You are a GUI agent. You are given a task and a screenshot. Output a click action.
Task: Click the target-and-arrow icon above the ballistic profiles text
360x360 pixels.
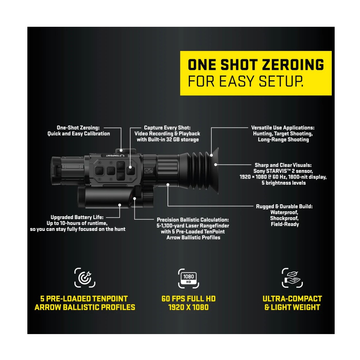tap(85, 278)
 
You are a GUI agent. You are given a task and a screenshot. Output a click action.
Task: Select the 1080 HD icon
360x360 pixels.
tap(189, 278)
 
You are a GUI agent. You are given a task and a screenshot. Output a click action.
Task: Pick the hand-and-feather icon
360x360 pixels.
tap(292, 278)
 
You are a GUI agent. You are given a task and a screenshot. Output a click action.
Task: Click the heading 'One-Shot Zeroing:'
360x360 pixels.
tap(78, 128)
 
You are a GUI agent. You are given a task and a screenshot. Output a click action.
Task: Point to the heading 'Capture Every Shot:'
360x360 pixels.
tap(167, 128)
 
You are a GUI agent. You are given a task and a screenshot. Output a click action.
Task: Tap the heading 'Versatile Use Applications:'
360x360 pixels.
tap(283, 128)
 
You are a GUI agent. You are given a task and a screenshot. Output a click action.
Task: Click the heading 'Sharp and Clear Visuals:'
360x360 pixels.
tap(283, 165)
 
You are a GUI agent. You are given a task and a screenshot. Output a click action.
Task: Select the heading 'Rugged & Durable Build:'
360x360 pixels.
tap(284, 206)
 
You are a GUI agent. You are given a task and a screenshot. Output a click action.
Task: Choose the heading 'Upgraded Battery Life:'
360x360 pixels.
tap(77, 217)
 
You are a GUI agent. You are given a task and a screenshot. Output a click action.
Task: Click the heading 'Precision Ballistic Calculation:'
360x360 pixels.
tap(193, 220)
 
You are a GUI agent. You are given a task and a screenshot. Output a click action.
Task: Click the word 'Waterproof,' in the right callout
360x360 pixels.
tap(284, 212)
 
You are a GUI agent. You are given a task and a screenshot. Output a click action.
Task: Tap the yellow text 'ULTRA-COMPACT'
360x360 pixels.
tap(292, 299)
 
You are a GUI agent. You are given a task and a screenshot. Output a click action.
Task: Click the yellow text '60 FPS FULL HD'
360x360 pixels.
tap(188, 299)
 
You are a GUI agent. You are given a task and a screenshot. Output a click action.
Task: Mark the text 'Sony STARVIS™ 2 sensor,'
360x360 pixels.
tap(283, 171)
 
